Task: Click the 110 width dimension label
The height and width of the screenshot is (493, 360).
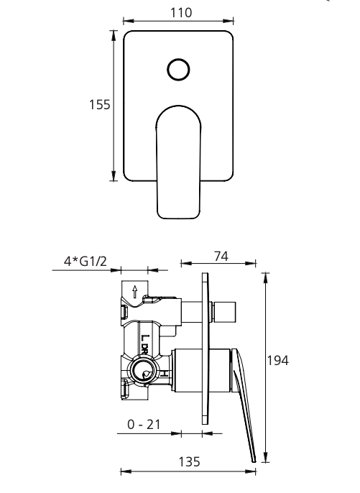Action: (179, 13)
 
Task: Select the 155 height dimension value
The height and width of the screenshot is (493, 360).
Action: (100, 105)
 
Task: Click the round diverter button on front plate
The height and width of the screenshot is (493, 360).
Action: (179, 69)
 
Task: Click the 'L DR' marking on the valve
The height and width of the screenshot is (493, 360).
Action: (144, 341)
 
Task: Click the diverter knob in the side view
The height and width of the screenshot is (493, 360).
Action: (225, 312)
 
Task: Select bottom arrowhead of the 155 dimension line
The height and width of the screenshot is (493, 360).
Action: (114, 178)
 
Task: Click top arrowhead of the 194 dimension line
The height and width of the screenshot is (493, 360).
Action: (267, 276)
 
